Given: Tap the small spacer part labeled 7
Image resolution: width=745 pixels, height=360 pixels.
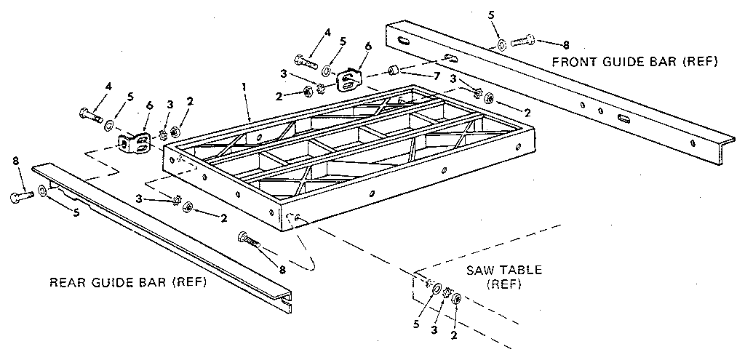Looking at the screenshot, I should tap(394, 71).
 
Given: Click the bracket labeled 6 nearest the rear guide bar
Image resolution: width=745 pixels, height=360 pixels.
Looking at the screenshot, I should tap(134, 144).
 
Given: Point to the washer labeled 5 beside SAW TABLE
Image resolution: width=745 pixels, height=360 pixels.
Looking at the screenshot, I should tap(435, 290).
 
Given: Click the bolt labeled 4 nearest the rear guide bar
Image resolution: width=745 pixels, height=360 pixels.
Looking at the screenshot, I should tap(89, 115).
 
